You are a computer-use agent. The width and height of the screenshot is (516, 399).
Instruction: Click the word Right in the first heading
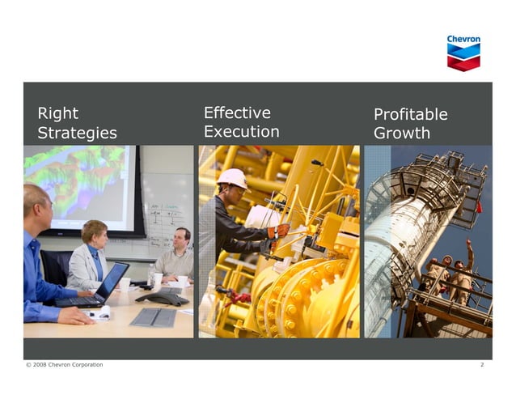coord(57,114)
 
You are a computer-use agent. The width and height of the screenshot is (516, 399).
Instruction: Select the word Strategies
coord(77,134)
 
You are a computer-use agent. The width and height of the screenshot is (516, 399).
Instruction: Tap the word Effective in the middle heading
coord(237,113)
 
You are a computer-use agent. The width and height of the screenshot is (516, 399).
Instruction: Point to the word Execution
coord(241,132)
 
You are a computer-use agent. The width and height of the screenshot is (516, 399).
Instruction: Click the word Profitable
coord(410,115)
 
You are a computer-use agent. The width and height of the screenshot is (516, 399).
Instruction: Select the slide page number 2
coord(481,365)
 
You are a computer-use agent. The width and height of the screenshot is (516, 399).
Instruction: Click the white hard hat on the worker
coord(233,177)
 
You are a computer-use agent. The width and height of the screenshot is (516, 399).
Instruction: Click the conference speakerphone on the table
coord(162,297)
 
